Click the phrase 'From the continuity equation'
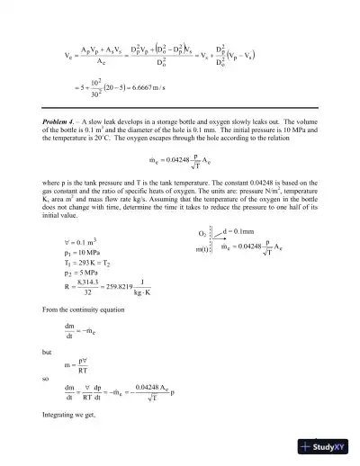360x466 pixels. pos(77,312)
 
